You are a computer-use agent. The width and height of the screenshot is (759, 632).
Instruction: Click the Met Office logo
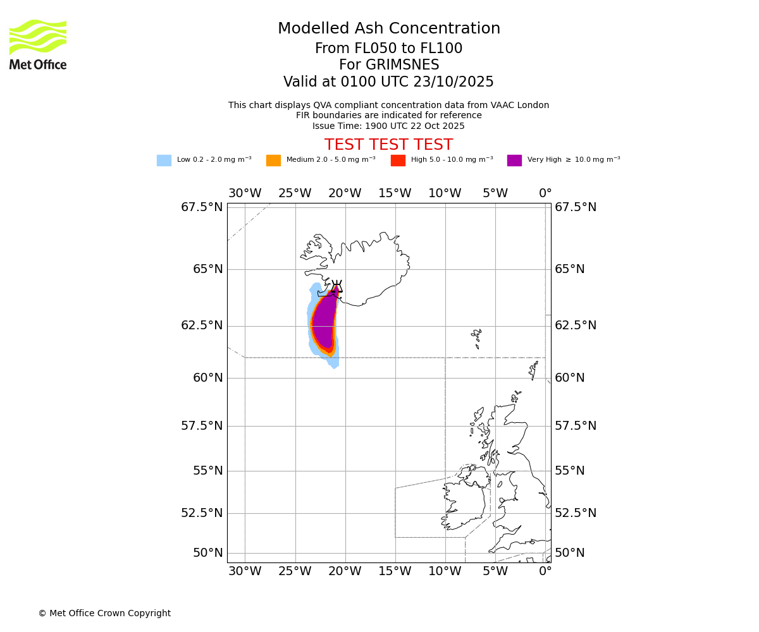38,44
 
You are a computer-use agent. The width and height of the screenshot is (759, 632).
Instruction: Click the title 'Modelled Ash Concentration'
388,29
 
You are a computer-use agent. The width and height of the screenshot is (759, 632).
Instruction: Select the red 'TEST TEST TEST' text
388,145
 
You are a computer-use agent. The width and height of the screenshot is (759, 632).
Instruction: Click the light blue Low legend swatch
164,161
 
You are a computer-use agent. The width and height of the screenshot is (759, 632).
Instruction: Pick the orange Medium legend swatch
273,161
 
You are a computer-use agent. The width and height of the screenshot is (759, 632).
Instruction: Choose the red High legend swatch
398,161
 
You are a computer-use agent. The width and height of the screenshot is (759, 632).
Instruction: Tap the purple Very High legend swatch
514,161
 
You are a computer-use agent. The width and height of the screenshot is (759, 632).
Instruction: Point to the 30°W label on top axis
245,193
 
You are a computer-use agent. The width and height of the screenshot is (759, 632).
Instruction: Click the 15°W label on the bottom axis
395,572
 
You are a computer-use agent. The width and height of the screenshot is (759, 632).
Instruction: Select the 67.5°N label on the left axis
202,207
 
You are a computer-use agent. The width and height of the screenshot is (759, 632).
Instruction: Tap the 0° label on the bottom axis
545,572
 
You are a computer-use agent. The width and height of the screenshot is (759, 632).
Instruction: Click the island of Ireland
465,502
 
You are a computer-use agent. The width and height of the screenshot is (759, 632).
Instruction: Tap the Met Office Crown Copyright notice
104,614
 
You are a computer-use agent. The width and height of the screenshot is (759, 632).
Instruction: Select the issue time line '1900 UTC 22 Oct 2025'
388,126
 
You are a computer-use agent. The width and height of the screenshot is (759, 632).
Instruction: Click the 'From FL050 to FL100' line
388,49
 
